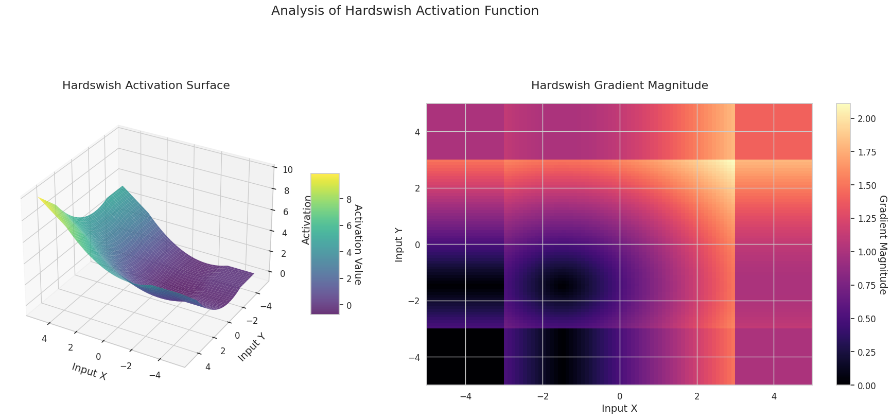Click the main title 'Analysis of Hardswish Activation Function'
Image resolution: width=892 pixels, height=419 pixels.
click(405, 11)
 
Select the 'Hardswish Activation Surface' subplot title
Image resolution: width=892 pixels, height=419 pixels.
click(146, 85)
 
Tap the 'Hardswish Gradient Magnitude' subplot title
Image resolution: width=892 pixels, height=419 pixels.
click(619, 85)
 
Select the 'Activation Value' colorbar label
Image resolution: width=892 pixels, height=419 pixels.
click(358, 244)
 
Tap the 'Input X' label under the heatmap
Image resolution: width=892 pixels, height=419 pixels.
click(619, 409)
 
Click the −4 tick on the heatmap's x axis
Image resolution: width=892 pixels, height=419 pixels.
click(465, 396)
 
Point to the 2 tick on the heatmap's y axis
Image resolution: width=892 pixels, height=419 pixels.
click(417, 188)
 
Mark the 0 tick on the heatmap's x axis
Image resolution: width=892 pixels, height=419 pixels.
click(619, 396)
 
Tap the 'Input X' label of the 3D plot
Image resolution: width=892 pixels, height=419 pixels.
click(89, 371)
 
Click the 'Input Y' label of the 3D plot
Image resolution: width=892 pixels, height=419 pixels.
click(252, 346)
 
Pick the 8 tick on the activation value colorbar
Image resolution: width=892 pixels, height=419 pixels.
click(348, 199)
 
